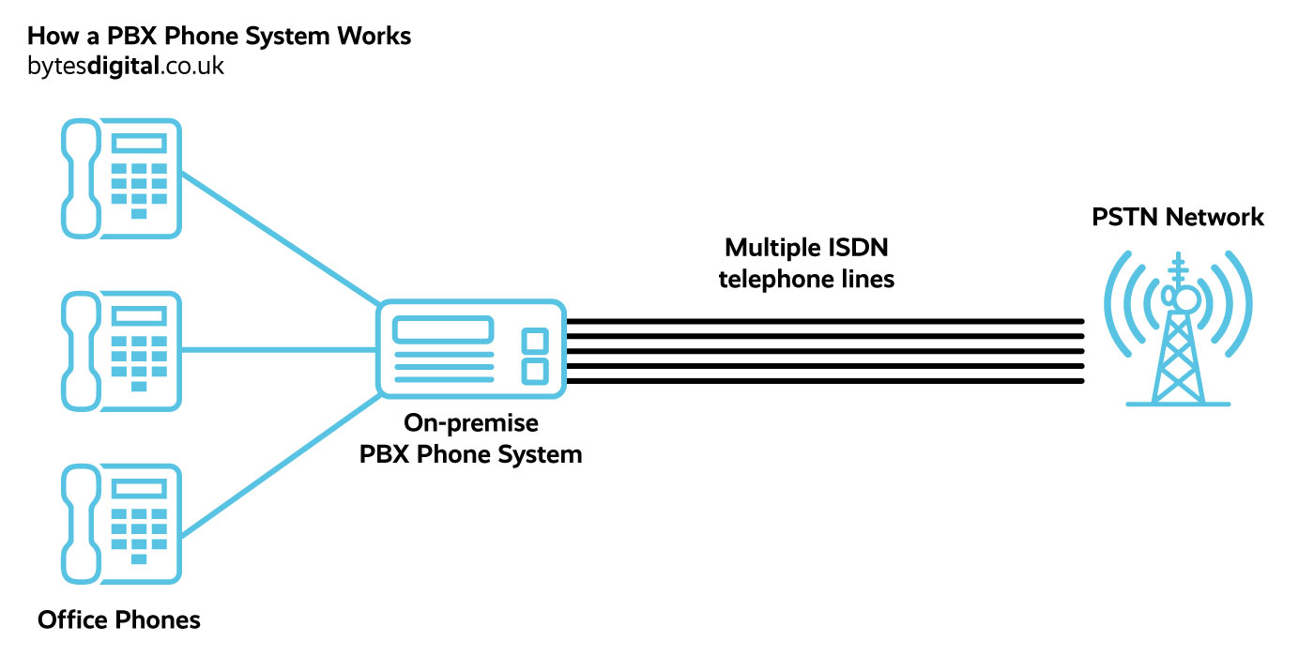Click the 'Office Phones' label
[119, 619]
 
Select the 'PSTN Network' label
[1178, 218]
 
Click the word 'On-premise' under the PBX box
[470, 423]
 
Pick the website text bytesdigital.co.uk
[126, 67]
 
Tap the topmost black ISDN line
[826, 321]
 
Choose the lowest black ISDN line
[826, 381]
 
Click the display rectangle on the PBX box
[443, 329]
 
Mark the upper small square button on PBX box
[534, 340]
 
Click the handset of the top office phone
[80, 178]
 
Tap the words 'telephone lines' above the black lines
[806, 280]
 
